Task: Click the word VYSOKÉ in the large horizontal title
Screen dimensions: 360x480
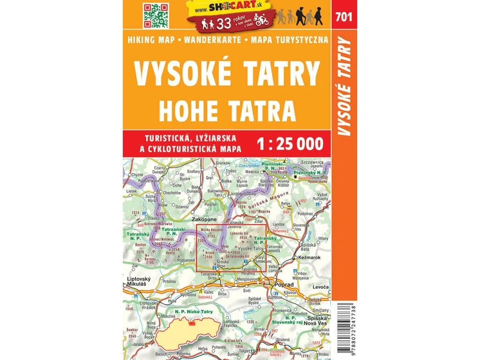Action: [x=180, y=75]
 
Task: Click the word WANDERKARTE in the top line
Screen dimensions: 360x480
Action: [x=213, y=39]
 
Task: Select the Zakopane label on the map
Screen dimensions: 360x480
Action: [x=203, y=219]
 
